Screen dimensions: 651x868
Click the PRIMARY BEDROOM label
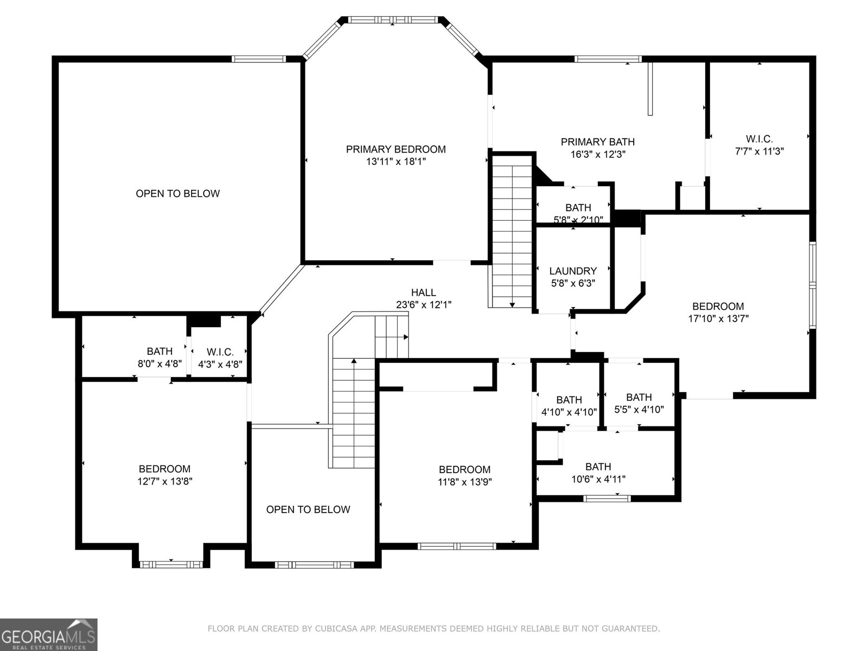396,149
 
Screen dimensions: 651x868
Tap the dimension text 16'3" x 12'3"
597,154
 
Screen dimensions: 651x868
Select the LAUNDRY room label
573,271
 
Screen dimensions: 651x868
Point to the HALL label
423,293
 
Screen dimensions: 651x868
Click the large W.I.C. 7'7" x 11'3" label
759,145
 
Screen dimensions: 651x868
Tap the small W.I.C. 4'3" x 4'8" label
220,359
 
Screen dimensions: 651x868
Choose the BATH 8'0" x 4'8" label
159,358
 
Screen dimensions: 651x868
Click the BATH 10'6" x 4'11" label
598,473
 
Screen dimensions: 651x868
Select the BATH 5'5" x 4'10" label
639,403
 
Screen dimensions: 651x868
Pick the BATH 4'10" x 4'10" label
569,406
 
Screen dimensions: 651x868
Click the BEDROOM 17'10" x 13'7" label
718,312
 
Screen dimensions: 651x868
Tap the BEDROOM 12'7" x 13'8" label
164,475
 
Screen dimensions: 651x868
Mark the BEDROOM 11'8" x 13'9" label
464,475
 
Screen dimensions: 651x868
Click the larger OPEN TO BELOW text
177,194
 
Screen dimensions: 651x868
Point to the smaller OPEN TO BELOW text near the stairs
308,509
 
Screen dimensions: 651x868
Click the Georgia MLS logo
49,634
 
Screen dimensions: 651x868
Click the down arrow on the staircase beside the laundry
512,304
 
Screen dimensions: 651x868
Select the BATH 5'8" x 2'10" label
578,213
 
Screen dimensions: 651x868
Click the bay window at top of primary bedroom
393,20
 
